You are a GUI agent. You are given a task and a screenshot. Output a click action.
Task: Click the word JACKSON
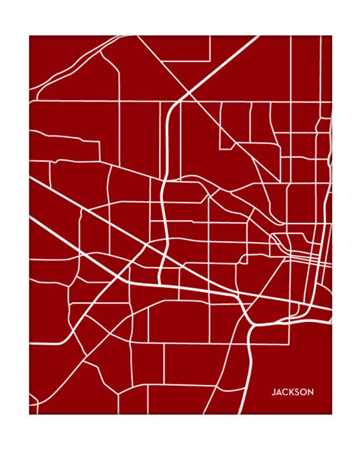tap(292, 392)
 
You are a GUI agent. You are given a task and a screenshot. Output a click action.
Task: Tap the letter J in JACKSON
tap(273, 392)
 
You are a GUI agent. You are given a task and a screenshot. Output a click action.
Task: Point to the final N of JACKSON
tap(310, 392)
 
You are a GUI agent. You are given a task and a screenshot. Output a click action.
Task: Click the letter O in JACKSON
tap(303, 392)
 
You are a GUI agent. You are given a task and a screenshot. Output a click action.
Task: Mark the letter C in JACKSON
tap(284, 392)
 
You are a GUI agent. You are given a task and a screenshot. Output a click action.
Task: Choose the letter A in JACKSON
tap(278, 392)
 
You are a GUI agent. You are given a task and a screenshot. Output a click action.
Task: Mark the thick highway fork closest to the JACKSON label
tap(254, 324)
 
